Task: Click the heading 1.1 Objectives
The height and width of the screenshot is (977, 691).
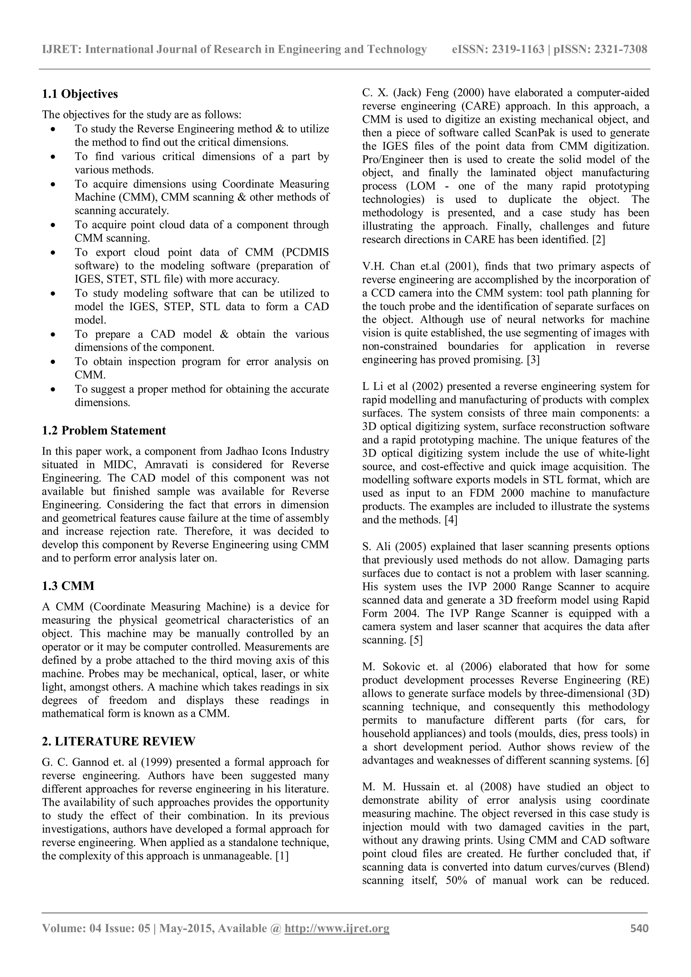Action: [x=80, y=94]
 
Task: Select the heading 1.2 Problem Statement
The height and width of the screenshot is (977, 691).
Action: [x=104, y=430]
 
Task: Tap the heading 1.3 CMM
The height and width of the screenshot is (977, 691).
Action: [x=68, y=586]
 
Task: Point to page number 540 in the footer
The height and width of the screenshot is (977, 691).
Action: [x=639, y=940]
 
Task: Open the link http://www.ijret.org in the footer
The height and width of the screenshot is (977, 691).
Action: [x=337, y=940]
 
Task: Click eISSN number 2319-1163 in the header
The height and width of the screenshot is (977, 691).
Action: [x=518, y=50]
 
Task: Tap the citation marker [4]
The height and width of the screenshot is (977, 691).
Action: [x=450, y=520]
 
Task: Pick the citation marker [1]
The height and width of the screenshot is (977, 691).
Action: [x=282, y=856]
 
